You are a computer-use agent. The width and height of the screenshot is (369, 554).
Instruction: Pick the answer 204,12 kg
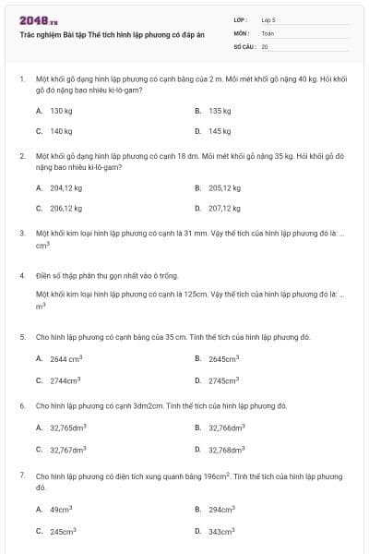coord(65,187)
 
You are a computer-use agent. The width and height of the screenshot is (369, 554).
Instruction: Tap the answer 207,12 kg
coord(224,209)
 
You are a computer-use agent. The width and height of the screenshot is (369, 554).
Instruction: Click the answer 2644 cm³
coord(65,358)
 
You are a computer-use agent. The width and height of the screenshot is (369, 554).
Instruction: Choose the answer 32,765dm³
coord(67,428)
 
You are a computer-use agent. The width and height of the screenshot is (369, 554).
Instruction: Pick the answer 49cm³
coord(61,509)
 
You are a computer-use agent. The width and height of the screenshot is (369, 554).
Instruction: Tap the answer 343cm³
coord(221,531)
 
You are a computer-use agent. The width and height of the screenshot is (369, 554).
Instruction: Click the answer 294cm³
coord(221,509)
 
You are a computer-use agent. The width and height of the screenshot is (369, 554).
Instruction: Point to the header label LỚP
coord(241,18)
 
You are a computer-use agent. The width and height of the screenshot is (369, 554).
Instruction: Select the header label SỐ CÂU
coord(244,45)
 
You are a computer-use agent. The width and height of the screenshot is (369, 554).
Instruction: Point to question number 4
coord(21,275)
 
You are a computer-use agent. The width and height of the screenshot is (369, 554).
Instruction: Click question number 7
coord(21,476)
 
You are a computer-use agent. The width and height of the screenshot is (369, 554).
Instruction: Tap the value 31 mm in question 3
coord(205,234)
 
